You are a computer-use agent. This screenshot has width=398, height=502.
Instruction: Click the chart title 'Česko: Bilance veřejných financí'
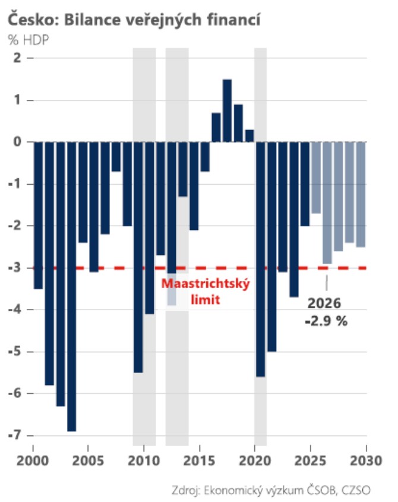135,20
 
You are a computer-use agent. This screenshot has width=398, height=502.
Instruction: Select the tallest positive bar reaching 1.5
227,110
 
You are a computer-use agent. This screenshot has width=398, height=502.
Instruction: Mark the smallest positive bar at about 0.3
249,135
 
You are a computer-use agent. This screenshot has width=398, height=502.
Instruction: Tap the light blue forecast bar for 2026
327,203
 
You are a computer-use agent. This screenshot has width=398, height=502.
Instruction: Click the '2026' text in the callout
324,304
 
